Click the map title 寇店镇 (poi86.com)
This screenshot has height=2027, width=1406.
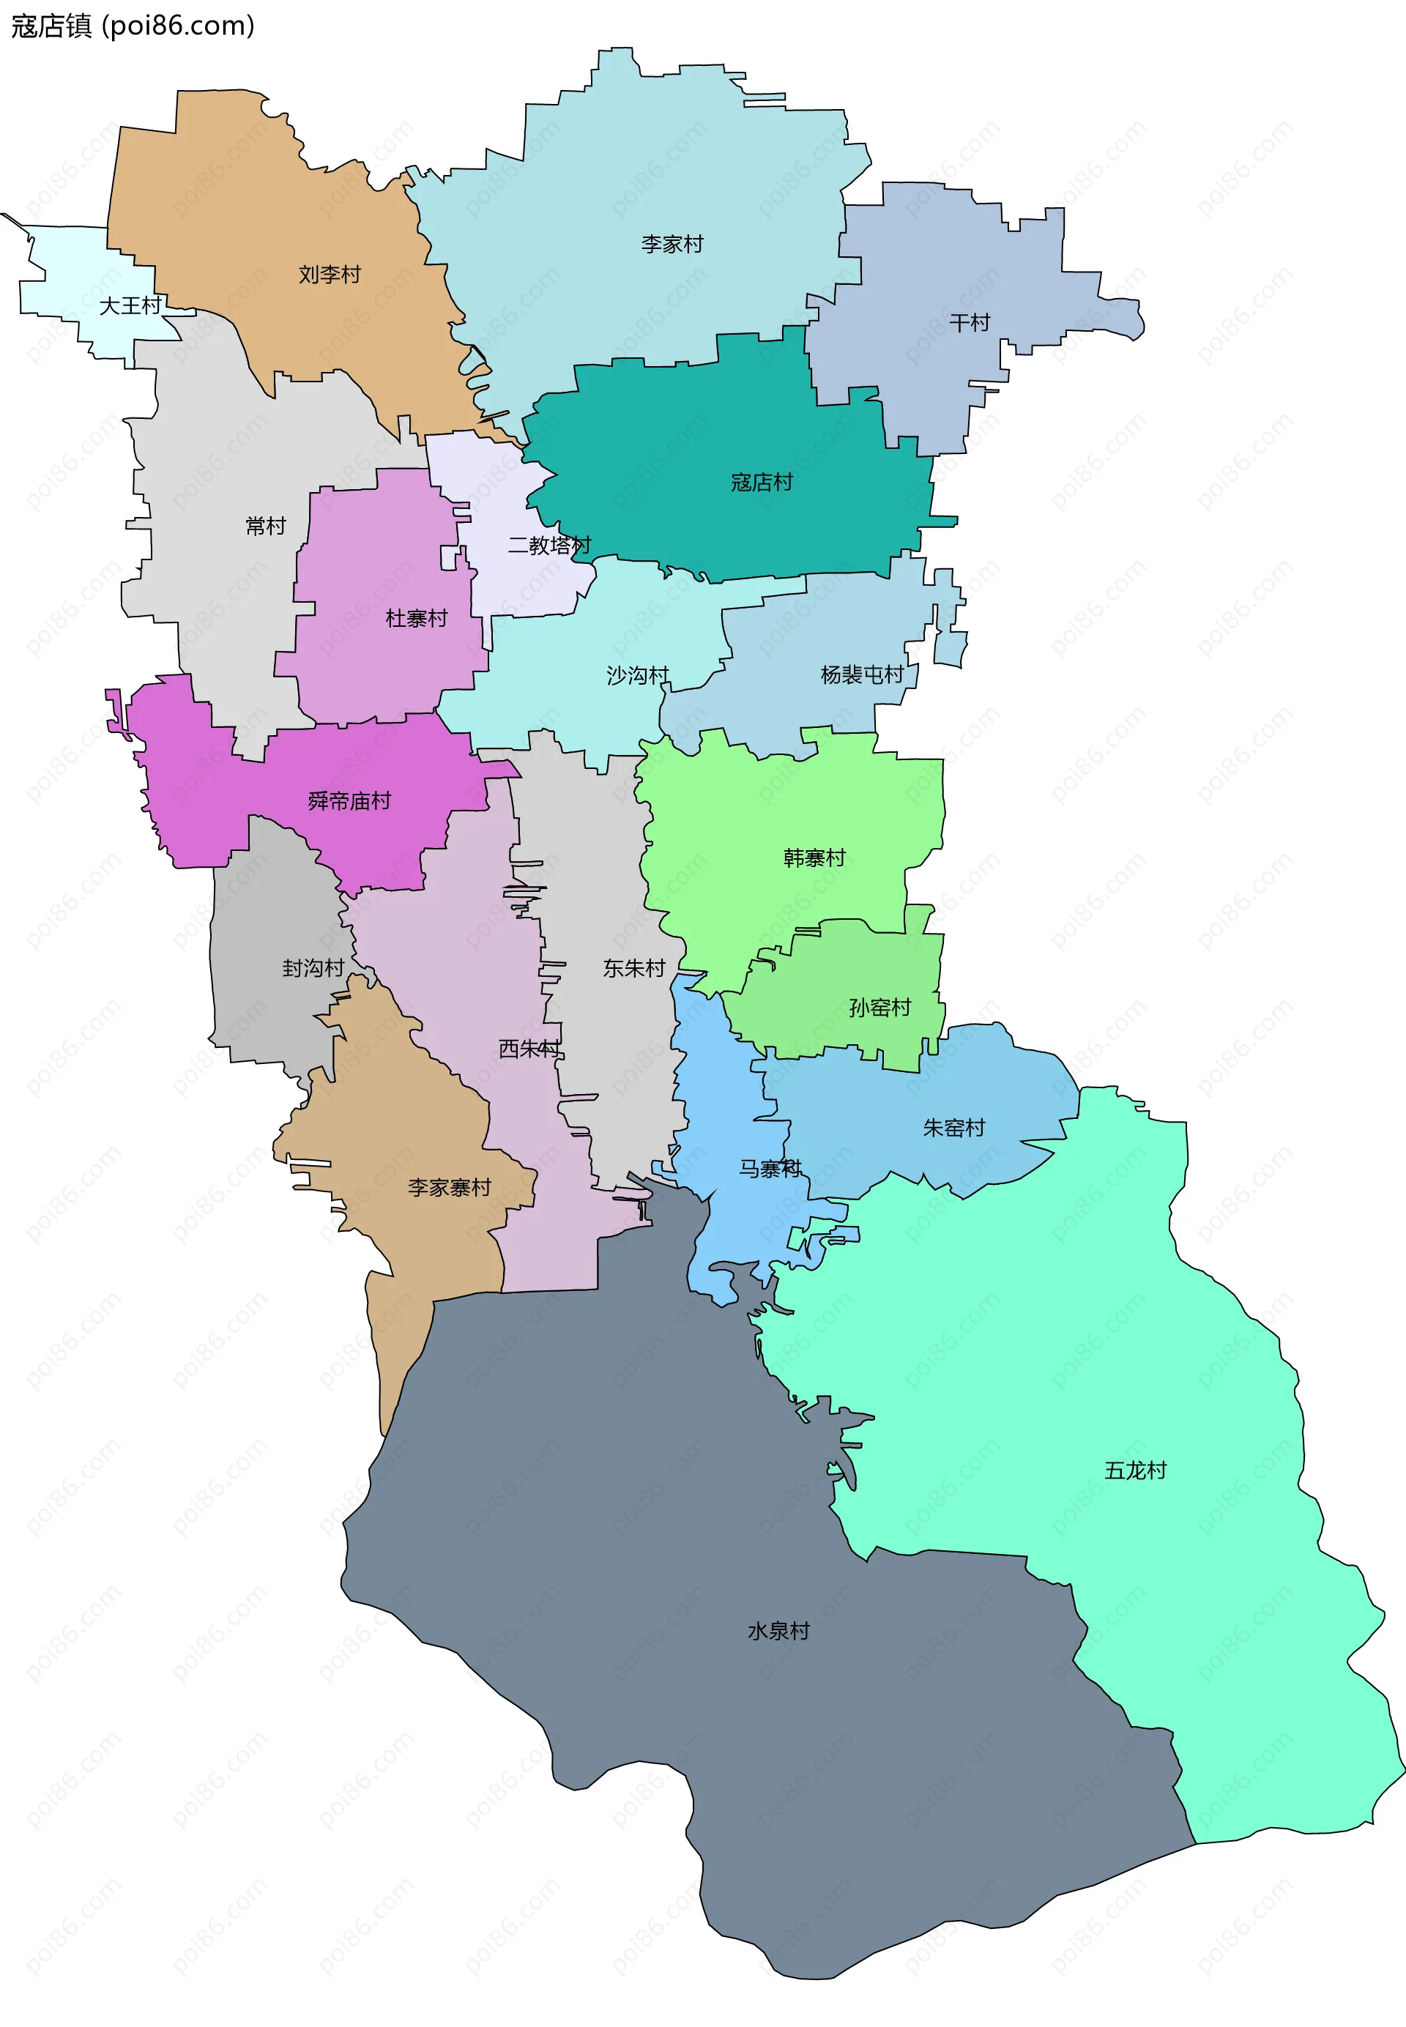(x=132, y=26)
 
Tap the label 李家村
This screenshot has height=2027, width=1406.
(x=672, y=244)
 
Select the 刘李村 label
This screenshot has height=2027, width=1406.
(x=330, y=274)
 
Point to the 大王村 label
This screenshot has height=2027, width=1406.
(x=130, y=305)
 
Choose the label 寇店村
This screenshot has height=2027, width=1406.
(x=761, y=482)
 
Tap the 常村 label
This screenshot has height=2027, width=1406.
(x=265, y=526)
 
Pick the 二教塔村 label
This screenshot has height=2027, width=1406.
(x=548, y=546)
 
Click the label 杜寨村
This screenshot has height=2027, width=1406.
(x=416, y=618)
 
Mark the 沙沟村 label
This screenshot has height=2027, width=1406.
(x=637, y=674)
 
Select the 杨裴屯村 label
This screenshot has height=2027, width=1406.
(x=862, y=674)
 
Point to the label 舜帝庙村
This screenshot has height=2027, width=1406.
(x=349, y=800)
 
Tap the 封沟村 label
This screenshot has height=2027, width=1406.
(x=313, y=968)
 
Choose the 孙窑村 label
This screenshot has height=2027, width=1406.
(x=879, y=1007)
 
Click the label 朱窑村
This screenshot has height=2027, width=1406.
(x=953, y=1128)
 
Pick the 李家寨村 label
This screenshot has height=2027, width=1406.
(x=450, y=1188)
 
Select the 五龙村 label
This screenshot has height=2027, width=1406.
(x=1136, y=1470)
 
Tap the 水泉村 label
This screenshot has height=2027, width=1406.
(x=778, y=1631)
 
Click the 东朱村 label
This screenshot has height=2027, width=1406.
(x=633, y=968)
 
